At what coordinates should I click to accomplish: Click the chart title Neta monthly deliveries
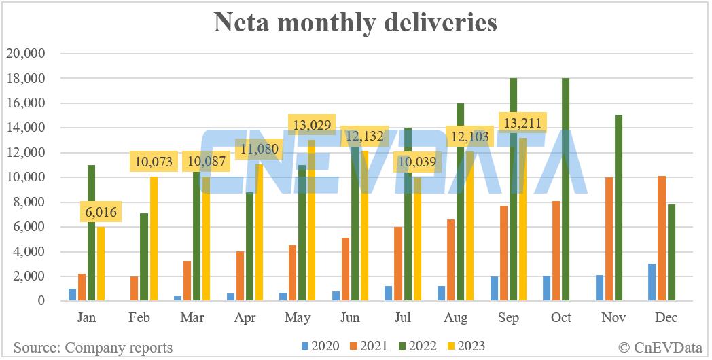tap(355, 23)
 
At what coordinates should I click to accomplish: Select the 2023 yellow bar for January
tap(101, 264)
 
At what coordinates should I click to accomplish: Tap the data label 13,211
tap(522, 124)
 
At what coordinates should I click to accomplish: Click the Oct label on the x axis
tap(561, 317)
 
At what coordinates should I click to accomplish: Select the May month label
tap(298, 317)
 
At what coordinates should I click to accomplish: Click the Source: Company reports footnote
tap(93, 348)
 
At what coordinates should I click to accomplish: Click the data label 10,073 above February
tap(154, 162)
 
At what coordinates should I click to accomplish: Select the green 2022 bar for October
tap(566, 190)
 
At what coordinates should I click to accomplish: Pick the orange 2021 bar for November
tap(609, 239)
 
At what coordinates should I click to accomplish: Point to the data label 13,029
tap(311, 126)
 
